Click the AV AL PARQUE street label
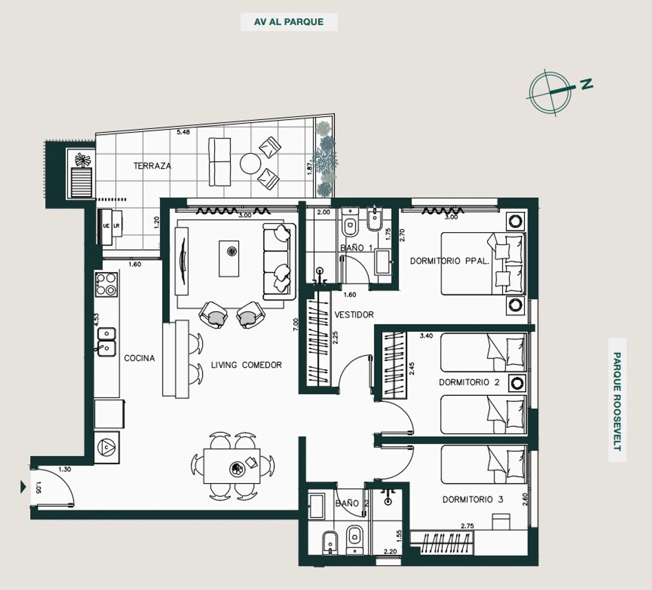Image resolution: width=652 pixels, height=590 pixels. [289, 22]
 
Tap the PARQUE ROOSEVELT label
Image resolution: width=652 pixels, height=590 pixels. [617, 401]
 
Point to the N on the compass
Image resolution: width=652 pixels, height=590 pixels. [586, 84]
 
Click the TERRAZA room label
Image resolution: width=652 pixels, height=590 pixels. [152, 166]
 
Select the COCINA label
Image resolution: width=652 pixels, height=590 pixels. [139, 358]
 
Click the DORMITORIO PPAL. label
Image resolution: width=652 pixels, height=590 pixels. [450, 261]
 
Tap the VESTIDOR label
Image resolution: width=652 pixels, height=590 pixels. [354, 315]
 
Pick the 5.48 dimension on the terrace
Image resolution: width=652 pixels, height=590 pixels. [183, 132]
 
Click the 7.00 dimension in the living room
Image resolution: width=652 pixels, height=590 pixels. [296, 325]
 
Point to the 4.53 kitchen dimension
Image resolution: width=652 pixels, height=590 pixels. [96, 320]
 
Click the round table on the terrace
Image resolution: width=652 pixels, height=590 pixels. [250, 164]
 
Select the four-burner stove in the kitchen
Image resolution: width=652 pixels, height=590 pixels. [106, 284]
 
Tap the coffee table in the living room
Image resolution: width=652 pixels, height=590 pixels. [229, 259]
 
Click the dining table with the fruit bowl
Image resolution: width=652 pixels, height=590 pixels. [232, 466]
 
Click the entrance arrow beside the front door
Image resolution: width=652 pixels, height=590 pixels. [23, 487]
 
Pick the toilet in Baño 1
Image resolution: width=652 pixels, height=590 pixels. [350, 223]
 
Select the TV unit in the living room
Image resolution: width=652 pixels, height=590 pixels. [181, 261]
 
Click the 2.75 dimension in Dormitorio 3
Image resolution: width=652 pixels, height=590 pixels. [467, 526]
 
